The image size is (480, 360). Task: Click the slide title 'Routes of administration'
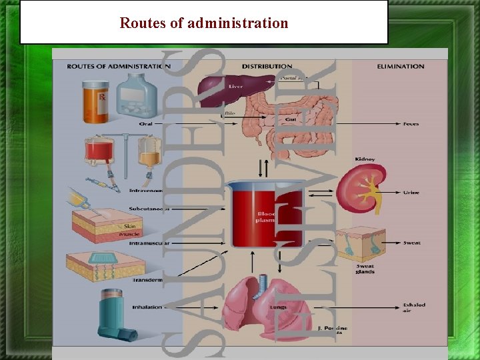pos(204,23)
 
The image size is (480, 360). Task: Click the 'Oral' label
pos(147,124)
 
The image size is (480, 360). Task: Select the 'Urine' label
pos(411,192)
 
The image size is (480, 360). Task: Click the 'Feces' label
pos(411,124)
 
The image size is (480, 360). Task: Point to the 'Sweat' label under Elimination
pos(411,243)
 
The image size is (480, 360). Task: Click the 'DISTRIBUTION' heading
pos(267,67)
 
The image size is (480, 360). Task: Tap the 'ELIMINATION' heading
pos(400,67)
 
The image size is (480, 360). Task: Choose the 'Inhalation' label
pos(147,307)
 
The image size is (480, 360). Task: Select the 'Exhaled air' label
pos(414,308)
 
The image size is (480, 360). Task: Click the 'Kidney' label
pos(365,159)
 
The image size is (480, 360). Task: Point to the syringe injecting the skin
pos(83,201)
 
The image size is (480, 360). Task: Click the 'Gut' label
pos(291,119)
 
